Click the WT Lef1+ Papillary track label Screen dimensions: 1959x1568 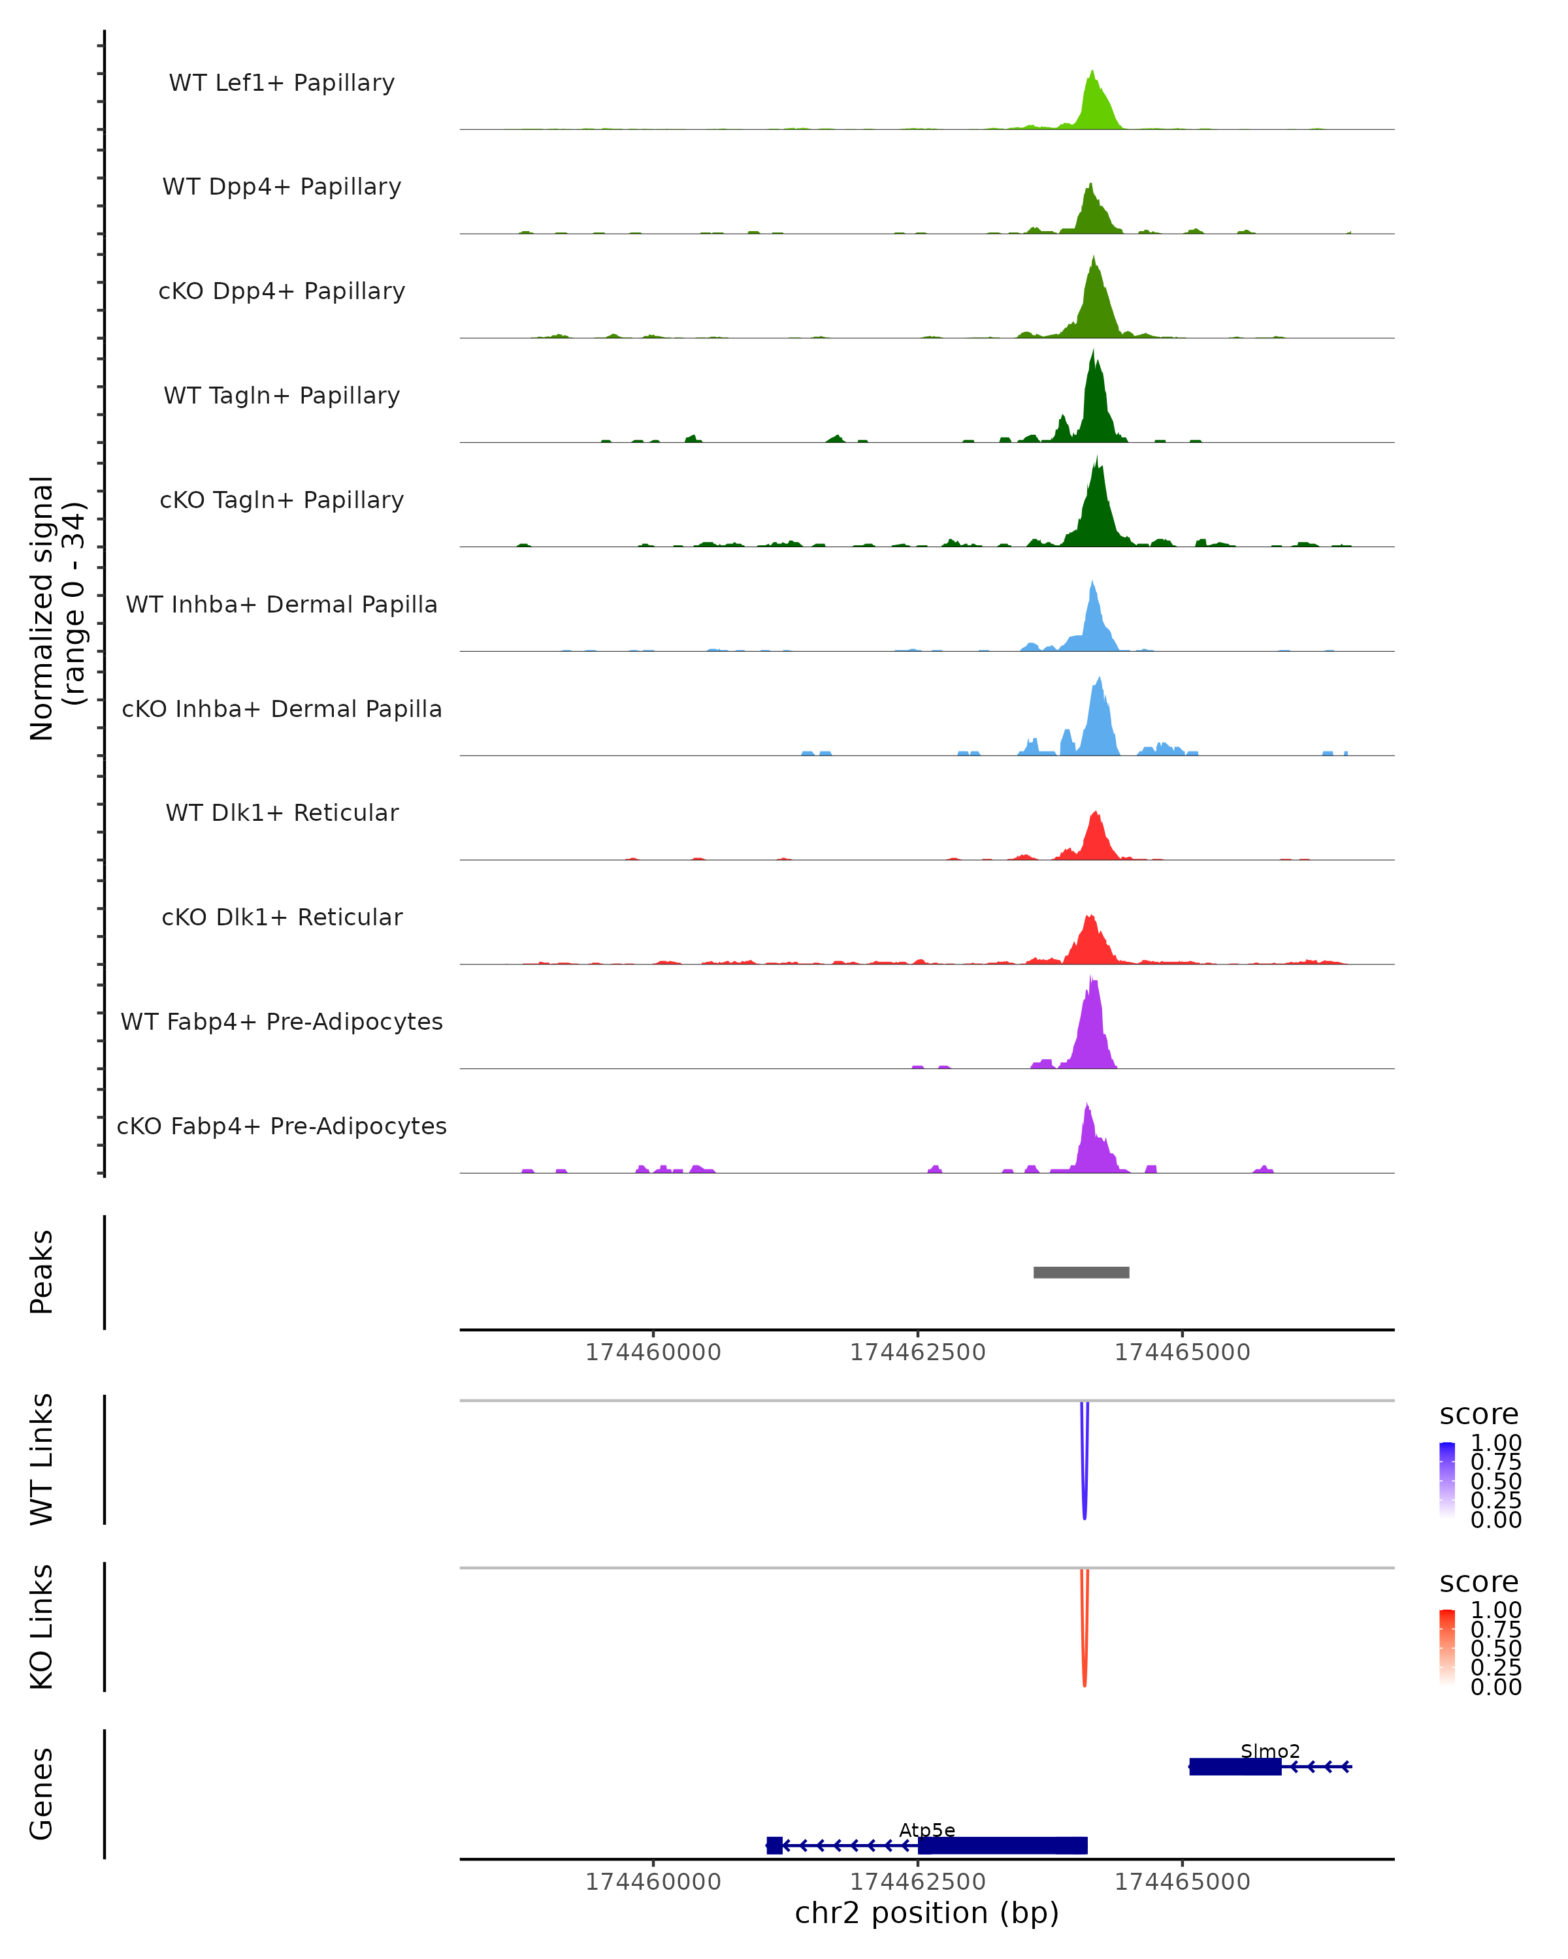pos(282,83)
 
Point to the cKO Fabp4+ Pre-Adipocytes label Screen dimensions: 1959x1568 pos(282,1126)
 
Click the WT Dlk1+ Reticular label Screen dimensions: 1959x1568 pos(282,812)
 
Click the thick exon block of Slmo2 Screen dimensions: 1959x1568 pos(1234,1766)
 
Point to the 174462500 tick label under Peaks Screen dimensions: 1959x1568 pos(917,1352)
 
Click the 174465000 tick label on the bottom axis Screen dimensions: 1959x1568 pos(1182,1882)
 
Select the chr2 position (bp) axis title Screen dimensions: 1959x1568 pos(926,1913)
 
